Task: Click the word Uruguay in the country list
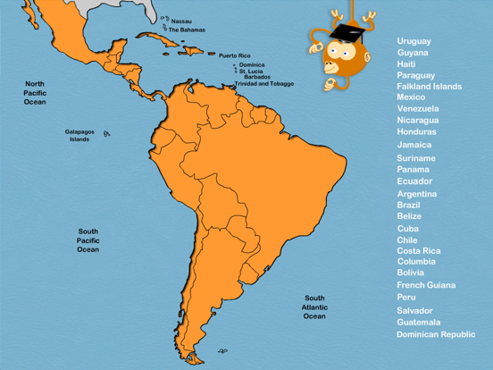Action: (414, 41)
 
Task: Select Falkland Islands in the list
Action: (429, 87)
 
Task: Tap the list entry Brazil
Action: (408, 205)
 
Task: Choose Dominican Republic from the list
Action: (436, 333)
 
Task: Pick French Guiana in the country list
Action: (425, 285)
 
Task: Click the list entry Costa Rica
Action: (418, 251)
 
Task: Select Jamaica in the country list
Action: (414, 145)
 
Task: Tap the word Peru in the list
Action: (406, 297)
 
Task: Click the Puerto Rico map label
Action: (235, 55)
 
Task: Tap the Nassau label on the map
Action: (180, 21)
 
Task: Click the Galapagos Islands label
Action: (79, 136)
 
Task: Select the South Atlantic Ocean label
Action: (314, 307)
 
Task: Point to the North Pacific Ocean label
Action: (35, 93)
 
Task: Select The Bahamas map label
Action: (187, 29)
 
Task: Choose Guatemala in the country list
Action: (418, 322)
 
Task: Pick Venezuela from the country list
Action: (417, 108)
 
